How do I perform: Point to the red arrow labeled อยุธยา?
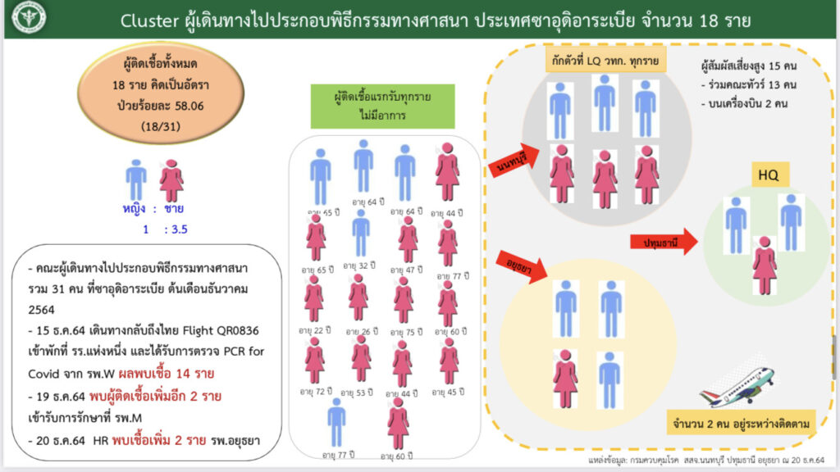pos(526,265)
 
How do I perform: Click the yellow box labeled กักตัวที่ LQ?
pos(605,61)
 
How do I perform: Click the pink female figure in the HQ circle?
pos(765,265)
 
